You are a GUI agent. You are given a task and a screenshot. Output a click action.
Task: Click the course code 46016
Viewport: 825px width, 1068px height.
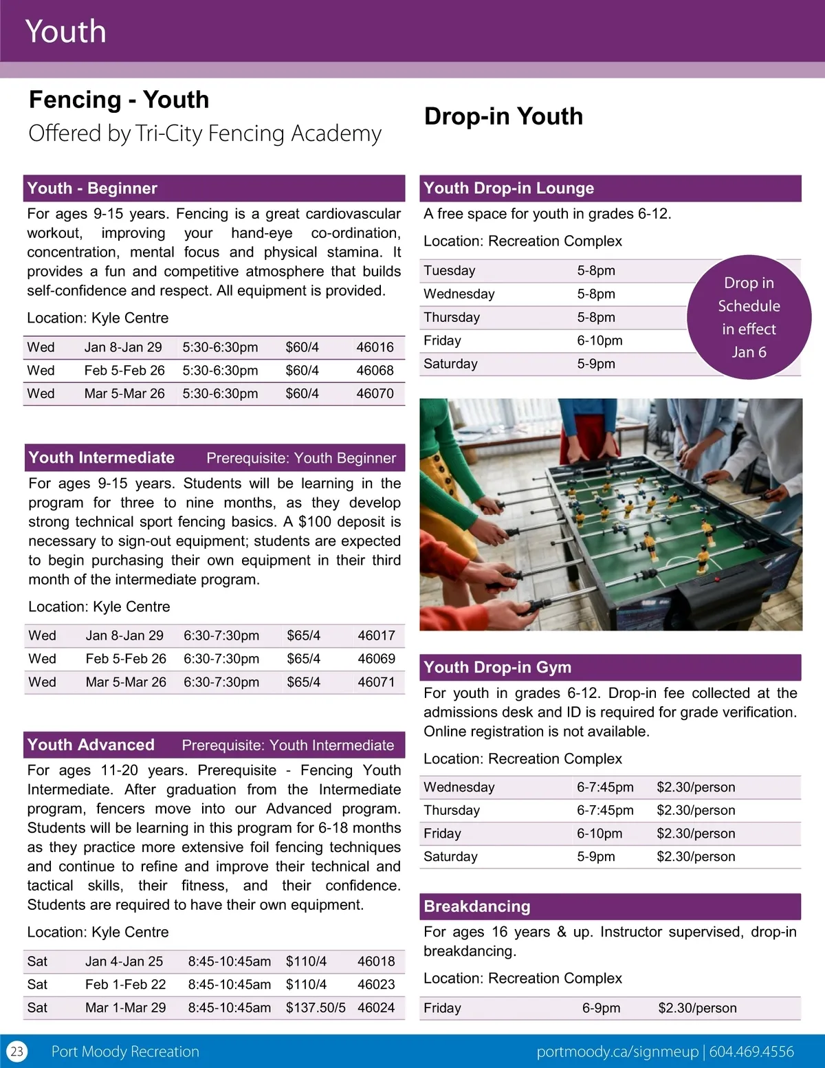tap(375, 347)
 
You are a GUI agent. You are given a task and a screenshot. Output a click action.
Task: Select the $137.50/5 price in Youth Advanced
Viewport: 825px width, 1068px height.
tap(316, 1007)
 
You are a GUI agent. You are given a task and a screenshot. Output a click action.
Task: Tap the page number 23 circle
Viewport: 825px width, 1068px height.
tap(16, 1051)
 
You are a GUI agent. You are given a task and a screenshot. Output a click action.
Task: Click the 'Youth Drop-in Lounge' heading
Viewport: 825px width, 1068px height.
tap(509, 188)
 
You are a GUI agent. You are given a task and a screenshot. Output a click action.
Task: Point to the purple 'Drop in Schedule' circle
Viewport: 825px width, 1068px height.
tap(749, 317)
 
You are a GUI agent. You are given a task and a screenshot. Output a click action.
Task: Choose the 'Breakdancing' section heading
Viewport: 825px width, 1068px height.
tap(477, 906)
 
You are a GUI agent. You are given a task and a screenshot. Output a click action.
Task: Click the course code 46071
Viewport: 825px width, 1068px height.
tap(376, 682)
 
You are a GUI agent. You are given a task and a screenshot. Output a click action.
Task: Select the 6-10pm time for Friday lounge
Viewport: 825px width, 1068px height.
tap(599, 340)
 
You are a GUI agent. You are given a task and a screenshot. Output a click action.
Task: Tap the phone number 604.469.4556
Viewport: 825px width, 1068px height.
tap(751, 1051)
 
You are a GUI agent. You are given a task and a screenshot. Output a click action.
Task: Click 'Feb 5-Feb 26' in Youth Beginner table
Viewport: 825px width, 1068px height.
tap(124, 371)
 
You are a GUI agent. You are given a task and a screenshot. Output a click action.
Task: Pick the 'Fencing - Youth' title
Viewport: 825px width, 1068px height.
tap(119, 100)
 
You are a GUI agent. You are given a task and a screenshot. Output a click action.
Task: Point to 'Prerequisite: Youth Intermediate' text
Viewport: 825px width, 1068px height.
tap(288, 745)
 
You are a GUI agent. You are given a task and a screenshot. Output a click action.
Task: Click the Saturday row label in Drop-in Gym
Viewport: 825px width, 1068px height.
tap(450, 856)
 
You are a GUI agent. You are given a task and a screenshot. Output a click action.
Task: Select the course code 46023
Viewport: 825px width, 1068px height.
tap(376, 984)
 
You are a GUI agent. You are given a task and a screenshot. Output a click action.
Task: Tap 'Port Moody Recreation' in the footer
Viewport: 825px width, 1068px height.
tap(125, 1051)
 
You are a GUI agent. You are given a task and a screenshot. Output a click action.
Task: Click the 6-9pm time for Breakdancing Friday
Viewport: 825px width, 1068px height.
tap(601, 1008)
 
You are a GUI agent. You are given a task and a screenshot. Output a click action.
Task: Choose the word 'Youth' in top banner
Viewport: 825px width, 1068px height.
tap(66, 32)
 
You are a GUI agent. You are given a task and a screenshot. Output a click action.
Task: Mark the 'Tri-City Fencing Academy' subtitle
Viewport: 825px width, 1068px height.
tap(258, 133)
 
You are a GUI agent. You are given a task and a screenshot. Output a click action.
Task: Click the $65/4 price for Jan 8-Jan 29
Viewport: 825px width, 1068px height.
tap(303, 635)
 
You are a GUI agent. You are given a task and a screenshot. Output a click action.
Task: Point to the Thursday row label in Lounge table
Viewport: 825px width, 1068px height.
tap(452, 317)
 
